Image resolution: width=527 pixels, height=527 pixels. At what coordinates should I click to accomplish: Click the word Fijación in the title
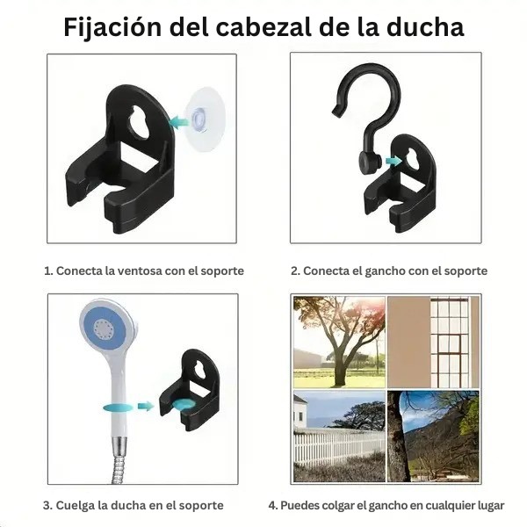pyautogui.click(x=112, y=27)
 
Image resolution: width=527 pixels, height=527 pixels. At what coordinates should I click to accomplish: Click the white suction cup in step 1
pyautogui.click(x=205, y=119)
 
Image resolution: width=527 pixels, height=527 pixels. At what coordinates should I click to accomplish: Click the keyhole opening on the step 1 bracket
pyautogui.click(x=140, y=122)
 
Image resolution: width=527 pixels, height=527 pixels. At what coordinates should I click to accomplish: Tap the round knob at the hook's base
pyautogui.click(x=370, y=162)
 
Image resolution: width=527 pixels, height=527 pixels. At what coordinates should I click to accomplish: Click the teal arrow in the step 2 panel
pyautogui.click(x=393, y=161)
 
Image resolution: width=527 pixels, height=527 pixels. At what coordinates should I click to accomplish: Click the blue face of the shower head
pyautogui.click(x=105, y=327)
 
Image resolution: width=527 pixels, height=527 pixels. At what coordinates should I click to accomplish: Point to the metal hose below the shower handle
pyautogui.click(x=119, y=459)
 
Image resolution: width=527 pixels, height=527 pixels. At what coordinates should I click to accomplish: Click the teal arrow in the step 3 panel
pyautogui.click(x=146, y=406)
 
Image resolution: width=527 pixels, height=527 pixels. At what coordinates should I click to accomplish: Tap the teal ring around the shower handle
pyautogui.click(x=118, y=408)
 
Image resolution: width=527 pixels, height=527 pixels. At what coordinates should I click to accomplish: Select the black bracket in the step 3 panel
pyautogui.click(x=191, y=390)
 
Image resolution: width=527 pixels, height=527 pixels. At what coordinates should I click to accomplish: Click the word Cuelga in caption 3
pyautogui.click(x=75, y=506)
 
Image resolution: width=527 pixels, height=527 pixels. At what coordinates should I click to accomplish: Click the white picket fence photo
pyautogui.click(x=339, y=436)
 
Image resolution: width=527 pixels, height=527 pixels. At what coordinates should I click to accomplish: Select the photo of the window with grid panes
pyautogui.click(x=433, y=342)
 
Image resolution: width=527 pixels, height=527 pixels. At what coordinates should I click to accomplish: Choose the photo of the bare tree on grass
pyautogui.click(x=339, y=342)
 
